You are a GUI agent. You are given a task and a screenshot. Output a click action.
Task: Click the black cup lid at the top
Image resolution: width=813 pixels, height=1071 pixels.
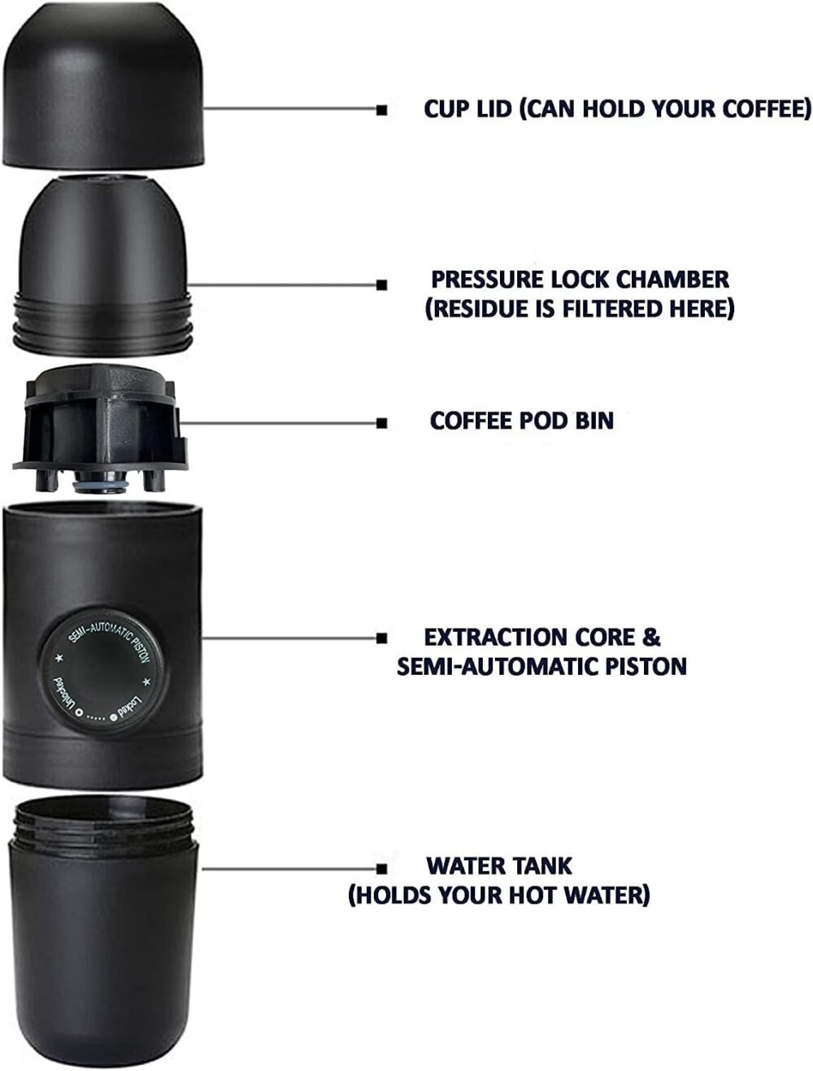tap(103, 85)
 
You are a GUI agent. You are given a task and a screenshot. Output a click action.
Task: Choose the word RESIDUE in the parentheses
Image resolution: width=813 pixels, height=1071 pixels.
tap(489, 308)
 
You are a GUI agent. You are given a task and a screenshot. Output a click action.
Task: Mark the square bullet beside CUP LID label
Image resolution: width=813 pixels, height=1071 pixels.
tap(382, 111)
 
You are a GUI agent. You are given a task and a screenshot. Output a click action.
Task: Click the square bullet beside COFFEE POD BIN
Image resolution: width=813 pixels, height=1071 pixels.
tap(382, 424)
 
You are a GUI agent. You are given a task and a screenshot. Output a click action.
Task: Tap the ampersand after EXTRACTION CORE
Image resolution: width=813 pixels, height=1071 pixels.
tap(650, 638)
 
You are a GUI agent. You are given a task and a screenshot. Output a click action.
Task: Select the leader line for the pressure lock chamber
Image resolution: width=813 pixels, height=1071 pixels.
tap(282, 285)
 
